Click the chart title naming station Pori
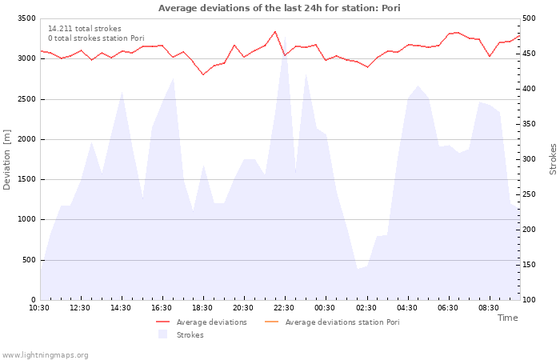pyautogui.click(x=279, y=8)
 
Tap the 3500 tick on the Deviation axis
pyautogui.click(x=26, y=18)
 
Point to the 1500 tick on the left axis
pyautogui.click(x=26, y=179)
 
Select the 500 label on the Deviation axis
pyautogui.click(x=30, y=260)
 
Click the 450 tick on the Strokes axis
pyautogui.click(x=529, y=54)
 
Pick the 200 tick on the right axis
pyautogui.click(x=529, y=230)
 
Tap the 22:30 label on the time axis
pyautogui.click(x=284, y=308)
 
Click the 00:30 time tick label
pyautogui.click(x=325, y=308)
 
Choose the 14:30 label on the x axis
pyautogui.click(x=121, y=308)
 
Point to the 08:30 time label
pyautogui.click(x=489, y=308)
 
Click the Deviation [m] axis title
pyautogui.click(x=6, y=160)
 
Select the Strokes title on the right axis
pyautogui.click(x=553, y=159)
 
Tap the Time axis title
pyautogui.click(x=507, y=318)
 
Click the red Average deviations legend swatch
pyautogui.click(x=162, y=322)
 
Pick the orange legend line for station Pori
pyautogui.click(x=271, y=322)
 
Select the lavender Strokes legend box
pyautogui.click(x=163, y=334)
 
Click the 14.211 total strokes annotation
pyautogui.click(x=85, y=29)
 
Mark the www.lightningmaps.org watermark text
pyautogui.click(x=45, y=355)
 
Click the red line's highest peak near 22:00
pyautogui.click(x=274, y=31)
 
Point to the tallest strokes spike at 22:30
pyautogui.click(x=285, y=37)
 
